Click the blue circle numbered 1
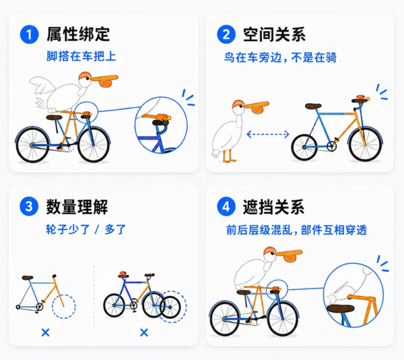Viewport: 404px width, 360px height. pos(29,34)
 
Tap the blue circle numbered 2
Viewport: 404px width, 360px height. pos(226,34)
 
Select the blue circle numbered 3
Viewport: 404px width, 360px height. pos(29,206)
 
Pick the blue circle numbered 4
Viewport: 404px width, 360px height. pos(226,206)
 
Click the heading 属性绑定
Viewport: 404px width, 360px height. pos(78,34)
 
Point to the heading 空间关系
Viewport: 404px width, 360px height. pos(275,34)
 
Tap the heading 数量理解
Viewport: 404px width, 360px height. pos(77,206)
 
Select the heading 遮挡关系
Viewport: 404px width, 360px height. pos(273,206)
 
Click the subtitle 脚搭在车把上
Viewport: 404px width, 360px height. pos(81,56)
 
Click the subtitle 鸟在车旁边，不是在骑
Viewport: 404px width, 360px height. pos(280,57)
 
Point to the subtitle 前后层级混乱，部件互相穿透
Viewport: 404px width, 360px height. pos(296,230)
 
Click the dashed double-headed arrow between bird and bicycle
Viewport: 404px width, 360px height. pos(268,134)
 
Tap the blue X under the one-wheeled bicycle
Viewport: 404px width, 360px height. pos(45,332)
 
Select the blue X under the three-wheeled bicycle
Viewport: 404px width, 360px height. pos(144,332)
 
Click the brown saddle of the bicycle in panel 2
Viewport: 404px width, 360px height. pos(313,106)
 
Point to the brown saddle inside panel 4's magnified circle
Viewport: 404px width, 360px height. pos(341,308)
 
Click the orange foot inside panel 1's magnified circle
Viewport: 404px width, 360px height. pos(162,117)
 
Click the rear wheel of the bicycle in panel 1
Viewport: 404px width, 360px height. pos(32,145)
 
